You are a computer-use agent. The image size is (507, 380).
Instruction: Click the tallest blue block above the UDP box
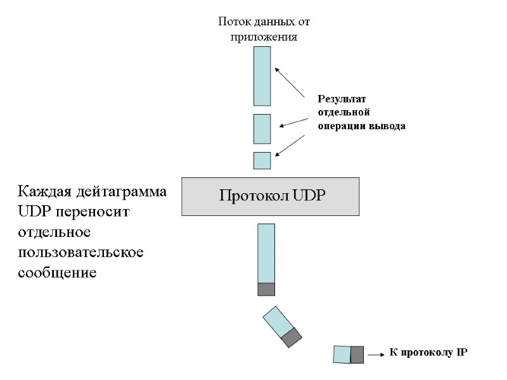(262, 76)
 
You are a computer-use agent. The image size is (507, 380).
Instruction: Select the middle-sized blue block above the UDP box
(262, 129)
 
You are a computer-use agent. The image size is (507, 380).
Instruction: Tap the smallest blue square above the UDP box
(262, 161)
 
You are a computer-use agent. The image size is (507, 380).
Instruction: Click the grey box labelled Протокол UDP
(271, 196)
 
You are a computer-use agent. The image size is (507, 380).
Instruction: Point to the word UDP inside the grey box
(309, 195)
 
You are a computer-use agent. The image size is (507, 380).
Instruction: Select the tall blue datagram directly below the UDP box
(266, 253)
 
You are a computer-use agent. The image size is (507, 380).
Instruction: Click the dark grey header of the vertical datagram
(266, 289)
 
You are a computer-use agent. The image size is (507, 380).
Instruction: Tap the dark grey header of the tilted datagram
(292, 336)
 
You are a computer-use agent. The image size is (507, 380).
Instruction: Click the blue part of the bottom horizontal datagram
(342, 355)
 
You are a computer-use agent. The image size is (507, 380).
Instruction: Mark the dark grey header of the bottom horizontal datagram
(357, 355)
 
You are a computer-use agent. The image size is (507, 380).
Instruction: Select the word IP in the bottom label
(461, 352)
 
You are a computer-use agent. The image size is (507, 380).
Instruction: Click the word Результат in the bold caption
(342, 99)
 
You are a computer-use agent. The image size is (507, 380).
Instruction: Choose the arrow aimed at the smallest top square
(294, 144)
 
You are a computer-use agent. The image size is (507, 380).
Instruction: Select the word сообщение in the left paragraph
(57, 273)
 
